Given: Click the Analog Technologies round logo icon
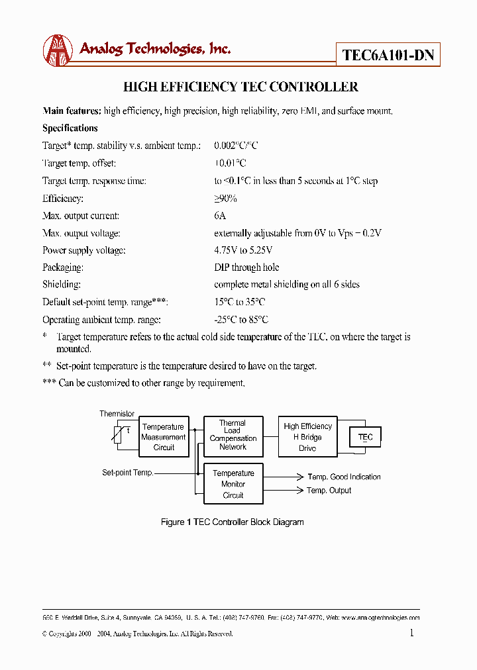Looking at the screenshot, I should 58,50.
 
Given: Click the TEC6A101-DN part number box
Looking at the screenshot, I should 388,55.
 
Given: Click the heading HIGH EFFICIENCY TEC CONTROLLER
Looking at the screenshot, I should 241,87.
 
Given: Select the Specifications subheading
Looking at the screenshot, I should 70,128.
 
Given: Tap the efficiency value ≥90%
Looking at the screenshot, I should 225,199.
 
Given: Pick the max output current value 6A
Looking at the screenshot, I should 220,216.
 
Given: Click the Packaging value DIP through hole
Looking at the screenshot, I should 246,267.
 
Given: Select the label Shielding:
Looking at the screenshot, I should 62,285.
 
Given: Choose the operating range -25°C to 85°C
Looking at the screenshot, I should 241,319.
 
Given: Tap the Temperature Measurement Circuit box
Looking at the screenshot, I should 164,437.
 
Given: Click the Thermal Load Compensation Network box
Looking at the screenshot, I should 233,435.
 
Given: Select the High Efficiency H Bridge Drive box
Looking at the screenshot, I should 307,437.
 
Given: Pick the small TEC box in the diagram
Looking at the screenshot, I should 365,438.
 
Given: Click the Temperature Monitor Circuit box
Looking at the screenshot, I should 233,484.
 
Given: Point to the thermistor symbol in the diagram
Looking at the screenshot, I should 120,434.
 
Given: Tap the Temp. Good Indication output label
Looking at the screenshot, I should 344,477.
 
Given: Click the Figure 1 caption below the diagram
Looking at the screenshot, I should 233,522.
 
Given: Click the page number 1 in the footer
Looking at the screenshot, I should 411,633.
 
